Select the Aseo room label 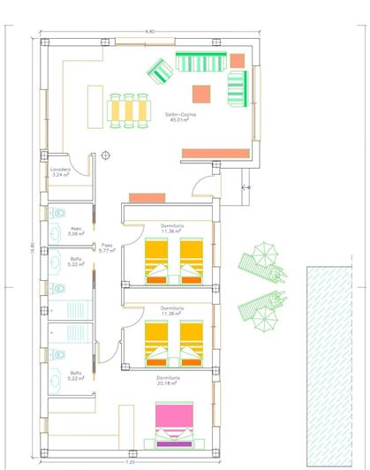click(x=76, y=231)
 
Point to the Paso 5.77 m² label click(x=106, y=248)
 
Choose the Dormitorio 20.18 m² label click(x=170, y=381)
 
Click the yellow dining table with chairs click(x=129, y=110)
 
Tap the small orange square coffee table click(x=201, y=90)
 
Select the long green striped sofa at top click(x=202, y=62)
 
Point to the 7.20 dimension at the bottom click(x=130, y=462)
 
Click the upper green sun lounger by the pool click(x=259, y=262)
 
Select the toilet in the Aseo click(x=57, y=214)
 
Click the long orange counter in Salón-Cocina click(x=215, y=153)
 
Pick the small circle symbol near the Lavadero click(x=105, y=154)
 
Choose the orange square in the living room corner click(x=238, y=58)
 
